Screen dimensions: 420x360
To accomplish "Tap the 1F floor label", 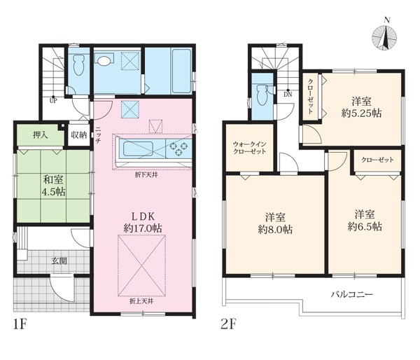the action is (20, 324).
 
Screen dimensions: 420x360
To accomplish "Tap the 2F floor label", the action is (228, 324).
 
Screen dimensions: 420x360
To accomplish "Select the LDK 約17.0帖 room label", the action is (143, 222).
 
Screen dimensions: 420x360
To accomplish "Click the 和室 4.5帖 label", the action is (54, 186).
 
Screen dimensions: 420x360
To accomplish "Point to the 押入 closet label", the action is (41, 135).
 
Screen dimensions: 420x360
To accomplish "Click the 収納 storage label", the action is (78, 135).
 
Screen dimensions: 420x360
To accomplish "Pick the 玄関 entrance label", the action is (59, 261).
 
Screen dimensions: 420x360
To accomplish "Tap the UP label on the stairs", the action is (53, 101).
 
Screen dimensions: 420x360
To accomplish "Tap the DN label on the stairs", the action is (288, 95).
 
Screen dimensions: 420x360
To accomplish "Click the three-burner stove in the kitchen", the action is (178, 148).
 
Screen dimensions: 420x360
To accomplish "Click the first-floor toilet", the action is (78, 64).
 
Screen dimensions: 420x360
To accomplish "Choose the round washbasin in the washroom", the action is (104, 60).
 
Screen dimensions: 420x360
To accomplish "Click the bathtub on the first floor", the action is (181, 71).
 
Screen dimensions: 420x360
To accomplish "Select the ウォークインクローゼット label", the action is (250, 148).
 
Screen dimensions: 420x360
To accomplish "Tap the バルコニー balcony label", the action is (352, 295).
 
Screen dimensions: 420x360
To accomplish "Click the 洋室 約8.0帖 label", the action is (275, 223).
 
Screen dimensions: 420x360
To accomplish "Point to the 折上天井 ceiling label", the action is (141, 301).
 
